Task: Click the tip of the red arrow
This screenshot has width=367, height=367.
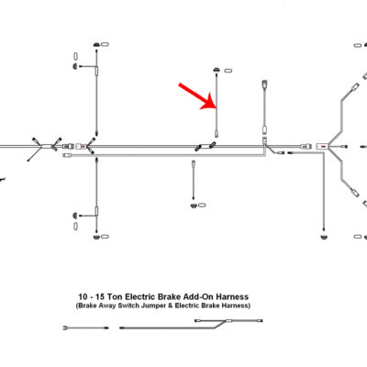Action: point(217,108)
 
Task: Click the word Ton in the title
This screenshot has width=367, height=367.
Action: point(117,297)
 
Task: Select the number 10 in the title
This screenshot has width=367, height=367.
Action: point(83,297)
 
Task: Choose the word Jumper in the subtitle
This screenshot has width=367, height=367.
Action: point(152,306)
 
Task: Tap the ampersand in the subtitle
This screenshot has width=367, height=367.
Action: point(170,306)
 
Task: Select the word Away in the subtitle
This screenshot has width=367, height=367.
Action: point(107,306)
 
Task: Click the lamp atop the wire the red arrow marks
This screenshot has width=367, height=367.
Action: point(217,70)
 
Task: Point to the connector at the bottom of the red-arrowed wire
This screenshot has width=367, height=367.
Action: point(217,134)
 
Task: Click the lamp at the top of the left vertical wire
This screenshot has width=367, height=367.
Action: point(96,45)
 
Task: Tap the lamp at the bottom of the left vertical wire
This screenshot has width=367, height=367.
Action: point(96,237)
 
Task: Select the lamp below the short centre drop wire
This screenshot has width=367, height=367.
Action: point(194,206)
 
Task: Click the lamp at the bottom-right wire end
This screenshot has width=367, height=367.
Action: point(323,237)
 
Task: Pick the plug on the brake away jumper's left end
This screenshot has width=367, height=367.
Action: point(65,328)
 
